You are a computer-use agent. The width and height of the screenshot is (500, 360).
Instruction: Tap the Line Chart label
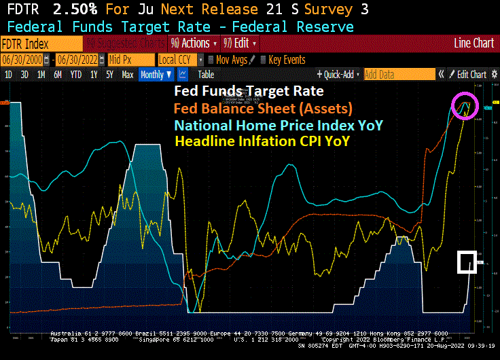[474, 43]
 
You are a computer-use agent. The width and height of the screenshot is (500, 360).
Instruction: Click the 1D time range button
[9, 75]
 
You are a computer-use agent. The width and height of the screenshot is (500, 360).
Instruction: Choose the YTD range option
[76, 75]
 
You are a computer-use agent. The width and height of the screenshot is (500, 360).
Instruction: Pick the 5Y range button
[109, 75]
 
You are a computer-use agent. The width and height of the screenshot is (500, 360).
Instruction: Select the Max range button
[127, 75]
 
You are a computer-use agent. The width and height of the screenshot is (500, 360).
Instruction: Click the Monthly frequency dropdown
[156, 75]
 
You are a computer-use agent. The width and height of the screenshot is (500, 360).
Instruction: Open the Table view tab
[205, 75]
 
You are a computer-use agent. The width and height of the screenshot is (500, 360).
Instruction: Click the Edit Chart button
[468, 75]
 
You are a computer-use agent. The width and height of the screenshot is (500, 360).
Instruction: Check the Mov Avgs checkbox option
[228, 60]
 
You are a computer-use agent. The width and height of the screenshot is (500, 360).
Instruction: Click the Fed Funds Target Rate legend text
[249, 91]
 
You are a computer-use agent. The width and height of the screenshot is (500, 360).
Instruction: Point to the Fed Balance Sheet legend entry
[263, 108]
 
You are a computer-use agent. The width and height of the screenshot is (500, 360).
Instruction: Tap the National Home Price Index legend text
[278, 126]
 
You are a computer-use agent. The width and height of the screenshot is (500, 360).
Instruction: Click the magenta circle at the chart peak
[465, 105]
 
